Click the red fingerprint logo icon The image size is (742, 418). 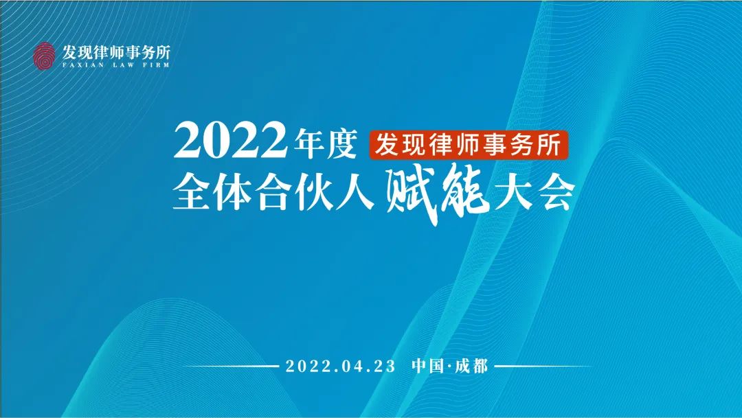tap(44, 56)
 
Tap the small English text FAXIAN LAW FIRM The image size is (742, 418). tap(115, 65)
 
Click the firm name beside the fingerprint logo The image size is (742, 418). tap(116, 51)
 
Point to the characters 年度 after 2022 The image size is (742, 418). tap(324, 142)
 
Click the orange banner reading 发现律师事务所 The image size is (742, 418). tap(469, 143)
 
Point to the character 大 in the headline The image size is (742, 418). tap(513, 192)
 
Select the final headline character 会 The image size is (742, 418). tap(554, 192)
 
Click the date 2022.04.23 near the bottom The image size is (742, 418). tap(340, 366)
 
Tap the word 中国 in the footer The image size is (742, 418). tap(428, 366)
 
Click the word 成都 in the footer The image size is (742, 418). tap(471, 366)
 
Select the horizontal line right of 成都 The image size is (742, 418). tap(543, 366)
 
